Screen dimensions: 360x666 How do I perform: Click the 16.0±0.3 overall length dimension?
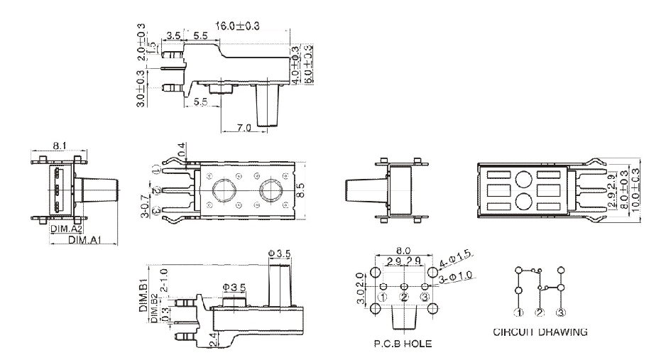(x=237, y=26)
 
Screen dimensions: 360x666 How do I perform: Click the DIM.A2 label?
(x=66, y=229)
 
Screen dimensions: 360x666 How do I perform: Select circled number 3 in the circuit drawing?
(x=561, y=312)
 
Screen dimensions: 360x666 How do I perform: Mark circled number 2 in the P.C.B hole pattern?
(x=404, y=297)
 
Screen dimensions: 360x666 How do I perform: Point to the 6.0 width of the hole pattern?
(x=403, y=251)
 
